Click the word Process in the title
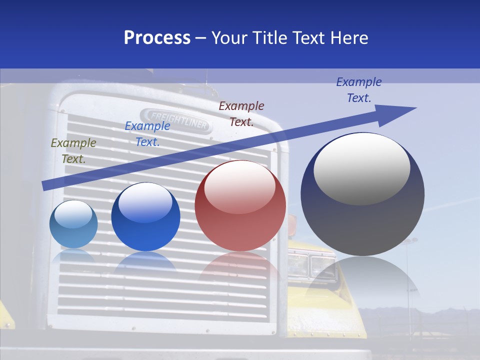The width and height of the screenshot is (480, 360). click(x=157, y=38)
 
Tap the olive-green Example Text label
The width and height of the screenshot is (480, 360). click(x=73, y=150)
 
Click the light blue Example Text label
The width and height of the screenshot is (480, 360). click(x=147, y=134)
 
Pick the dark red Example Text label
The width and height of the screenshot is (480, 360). click(x=241, y=113)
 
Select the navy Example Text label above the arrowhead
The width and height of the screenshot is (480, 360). click(x=359, y=90)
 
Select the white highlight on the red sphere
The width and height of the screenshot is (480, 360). click(x=239, y=186)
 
